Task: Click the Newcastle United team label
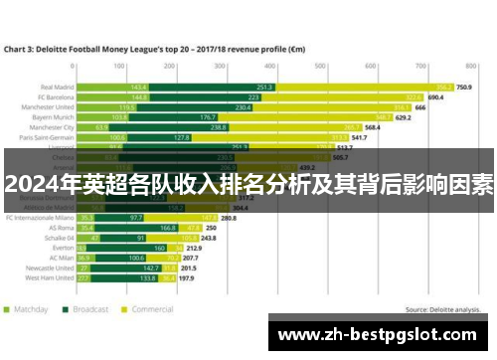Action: (x=49, y=267)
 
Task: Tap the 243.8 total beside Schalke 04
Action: (x=209, y=239)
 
